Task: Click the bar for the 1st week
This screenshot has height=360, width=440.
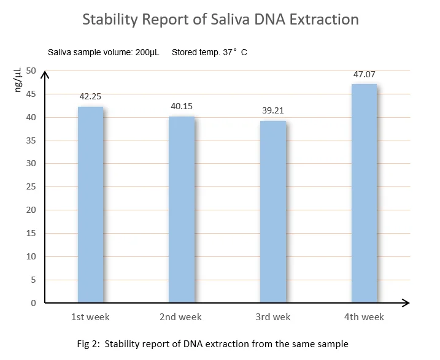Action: coord(90,204)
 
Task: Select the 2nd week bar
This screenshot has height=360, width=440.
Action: coord(181,209)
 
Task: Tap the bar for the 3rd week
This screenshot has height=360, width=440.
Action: coord(272,212)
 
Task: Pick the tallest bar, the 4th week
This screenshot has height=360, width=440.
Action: coord(363,193)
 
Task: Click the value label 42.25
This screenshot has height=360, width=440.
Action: coord(90,96)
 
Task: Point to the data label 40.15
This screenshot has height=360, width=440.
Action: coord(182,106)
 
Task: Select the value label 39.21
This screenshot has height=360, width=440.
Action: coord(272,110)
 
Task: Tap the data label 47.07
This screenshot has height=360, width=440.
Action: coord(364,74)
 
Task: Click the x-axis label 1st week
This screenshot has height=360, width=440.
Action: coord(90,317)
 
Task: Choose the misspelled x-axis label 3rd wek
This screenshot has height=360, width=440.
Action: coord(273,317)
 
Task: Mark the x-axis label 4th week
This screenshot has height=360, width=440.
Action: coord(364,317)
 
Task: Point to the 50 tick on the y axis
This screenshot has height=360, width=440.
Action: coord(31,71)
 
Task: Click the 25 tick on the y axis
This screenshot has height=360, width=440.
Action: coord(31,187)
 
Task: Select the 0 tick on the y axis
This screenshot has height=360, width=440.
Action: coord(34,303)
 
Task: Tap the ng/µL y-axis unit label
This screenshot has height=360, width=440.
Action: coord(18,80)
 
